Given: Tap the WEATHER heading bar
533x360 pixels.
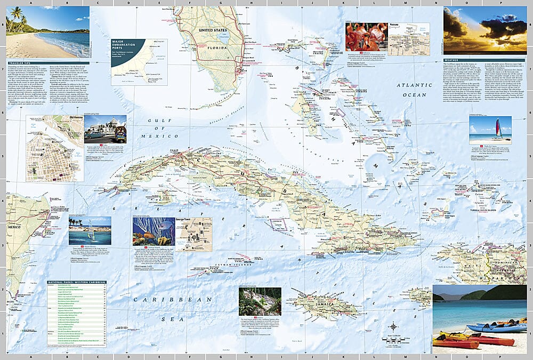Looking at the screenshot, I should pos(453,60).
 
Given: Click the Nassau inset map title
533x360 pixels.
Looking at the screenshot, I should pos(395,25).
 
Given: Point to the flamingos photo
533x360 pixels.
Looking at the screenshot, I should pos(366,36).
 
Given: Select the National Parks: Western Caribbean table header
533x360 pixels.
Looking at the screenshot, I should pos(73,282).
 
